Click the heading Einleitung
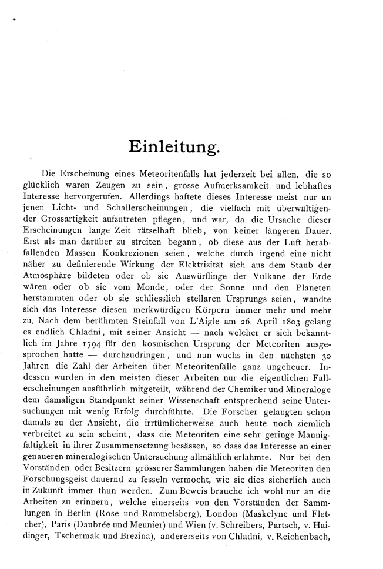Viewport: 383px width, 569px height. click(x=174, y=147)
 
